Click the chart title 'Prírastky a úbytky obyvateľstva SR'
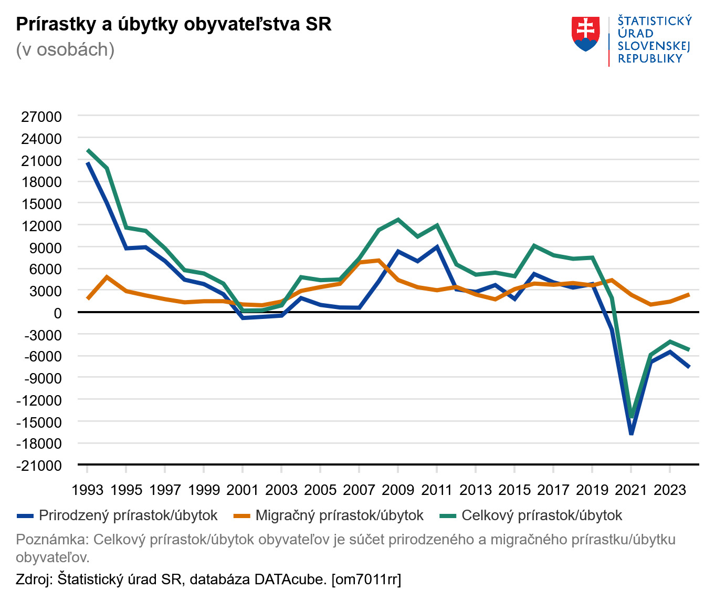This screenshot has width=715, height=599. pyautogui.click(x=174, y=24)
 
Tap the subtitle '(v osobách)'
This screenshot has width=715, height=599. pyautogui.click(x=65, y=49)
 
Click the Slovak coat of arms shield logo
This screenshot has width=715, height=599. pyautogui.click(x=585, y=34)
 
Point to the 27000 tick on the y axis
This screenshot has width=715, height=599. pyautogui.click(x=41, y=117)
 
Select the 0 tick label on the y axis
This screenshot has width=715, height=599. pyautogui.click(x=57, y=313)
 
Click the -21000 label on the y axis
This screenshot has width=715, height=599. pyautogui.click(x=39, y=466)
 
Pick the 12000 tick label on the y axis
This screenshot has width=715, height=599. pyautogui.click(x=41, y=226)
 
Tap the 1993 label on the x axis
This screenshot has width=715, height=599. pyautogui.click(x=87, y=490)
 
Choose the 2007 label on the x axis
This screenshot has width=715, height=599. pyautogui.click(x=359, y=490)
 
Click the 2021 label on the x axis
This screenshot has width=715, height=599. pyautogui.click(x=631, y=490)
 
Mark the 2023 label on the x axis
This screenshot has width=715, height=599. pyautogui.click(x=670, y=490)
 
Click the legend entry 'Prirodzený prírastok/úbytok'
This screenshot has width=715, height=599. pyautogui.click(x=128, y=515)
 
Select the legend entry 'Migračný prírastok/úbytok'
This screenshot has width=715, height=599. pyautogui.click(x=339, y=515)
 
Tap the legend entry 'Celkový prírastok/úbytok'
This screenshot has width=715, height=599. pyautogui.click(x=541, y=515)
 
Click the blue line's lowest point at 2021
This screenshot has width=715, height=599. pyautogui.click(x=631, y=433)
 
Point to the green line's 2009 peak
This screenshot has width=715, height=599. pyautogui.click(x=398, y=220)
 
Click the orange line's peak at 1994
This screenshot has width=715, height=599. pyautogui.click(x=107, y=277)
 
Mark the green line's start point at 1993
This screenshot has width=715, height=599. pyautogui.click(x=88, y=150)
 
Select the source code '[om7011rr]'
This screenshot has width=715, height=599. pyautogui.click(x=366, y=579)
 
